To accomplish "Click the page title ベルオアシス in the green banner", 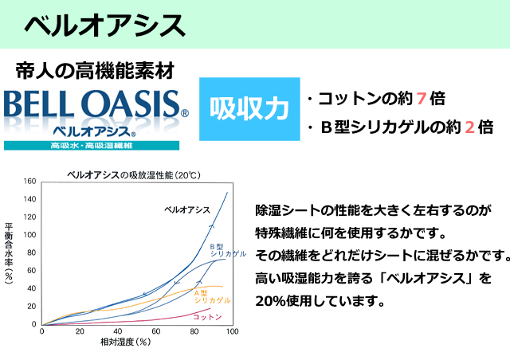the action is point(104,25).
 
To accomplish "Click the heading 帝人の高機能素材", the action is point(95,71).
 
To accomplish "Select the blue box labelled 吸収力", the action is point(249,109).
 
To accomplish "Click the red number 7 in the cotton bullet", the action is point(422,99).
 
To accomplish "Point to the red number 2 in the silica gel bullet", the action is point(469,127).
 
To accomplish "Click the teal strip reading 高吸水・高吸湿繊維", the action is point(92,146).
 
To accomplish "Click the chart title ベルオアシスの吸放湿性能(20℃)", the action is point(134,175).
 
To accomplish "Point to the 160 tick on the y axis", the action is point(29,181).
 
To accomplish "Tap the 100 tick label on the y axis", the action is point(29,235).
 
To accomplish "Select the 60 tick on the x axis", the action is point(156,331).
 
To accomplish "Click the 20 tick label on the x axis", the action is point(80,331).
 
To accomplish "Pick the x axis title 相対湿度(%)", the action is point(126,342).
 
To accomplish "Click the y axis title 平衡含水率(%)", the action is point(9,253).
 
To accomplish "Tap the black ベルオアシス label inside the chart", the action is point(187,209).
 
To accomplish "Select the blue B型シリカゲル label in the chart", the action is point(228,250).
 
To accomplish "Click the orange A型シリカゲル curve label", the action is point(212,296).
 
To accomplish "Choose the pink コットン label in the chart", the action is point(207,317).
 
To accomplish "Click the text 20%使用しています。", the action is point(320,301).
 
